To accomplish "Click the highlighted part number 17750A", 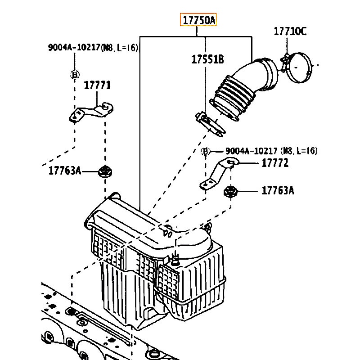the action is click(198, 20).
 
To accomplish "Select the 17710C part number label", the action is click(290, 31).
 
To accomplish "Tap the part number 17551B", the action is click(207, 59).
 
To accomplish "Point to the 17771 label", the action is click(97, 85).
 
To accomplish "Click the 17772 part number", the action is click(275, 163).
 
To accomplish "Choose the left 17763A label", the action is click(65, 171).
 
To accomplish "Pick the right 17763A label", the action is click(278, 190).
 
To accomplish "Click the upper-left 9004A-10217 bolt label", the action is click(93, 48).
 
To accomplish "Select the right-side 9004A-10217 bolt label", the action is click(271, 151).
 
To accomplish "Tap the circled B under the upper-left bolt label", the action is click(75, 75).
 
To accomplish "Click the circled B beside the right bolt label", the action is click(205, 151).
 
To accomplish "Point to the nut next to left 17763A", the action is click(105, 171).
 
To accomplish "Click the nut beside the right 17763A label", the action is click(231, 191).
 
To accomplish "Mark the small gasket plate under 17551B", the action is click(210, 124).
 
